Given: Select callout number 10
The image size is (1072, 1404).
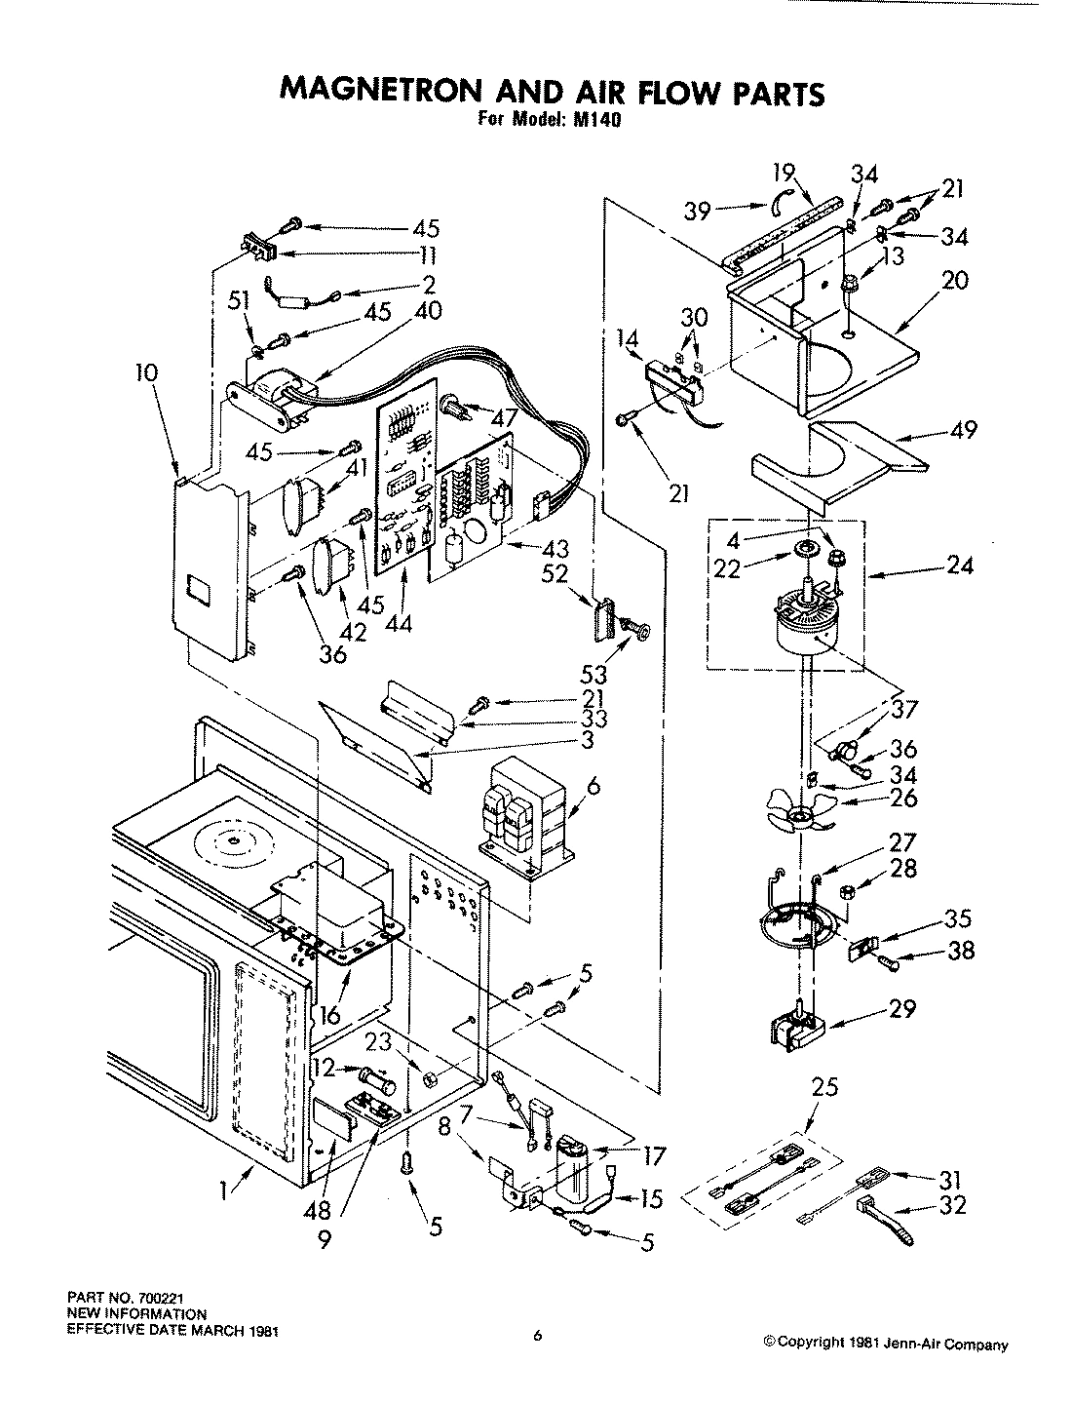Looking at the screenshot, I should [x=150, y=374].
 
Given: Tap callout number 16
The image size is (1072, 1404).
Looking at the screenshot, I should [x=330, y=1014].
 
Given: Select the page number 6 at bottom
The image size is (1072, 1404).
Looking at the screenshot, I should [x=536, y=1337].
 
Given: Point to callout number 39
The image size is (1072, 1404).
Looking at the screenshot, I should [x=698, y=211].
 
